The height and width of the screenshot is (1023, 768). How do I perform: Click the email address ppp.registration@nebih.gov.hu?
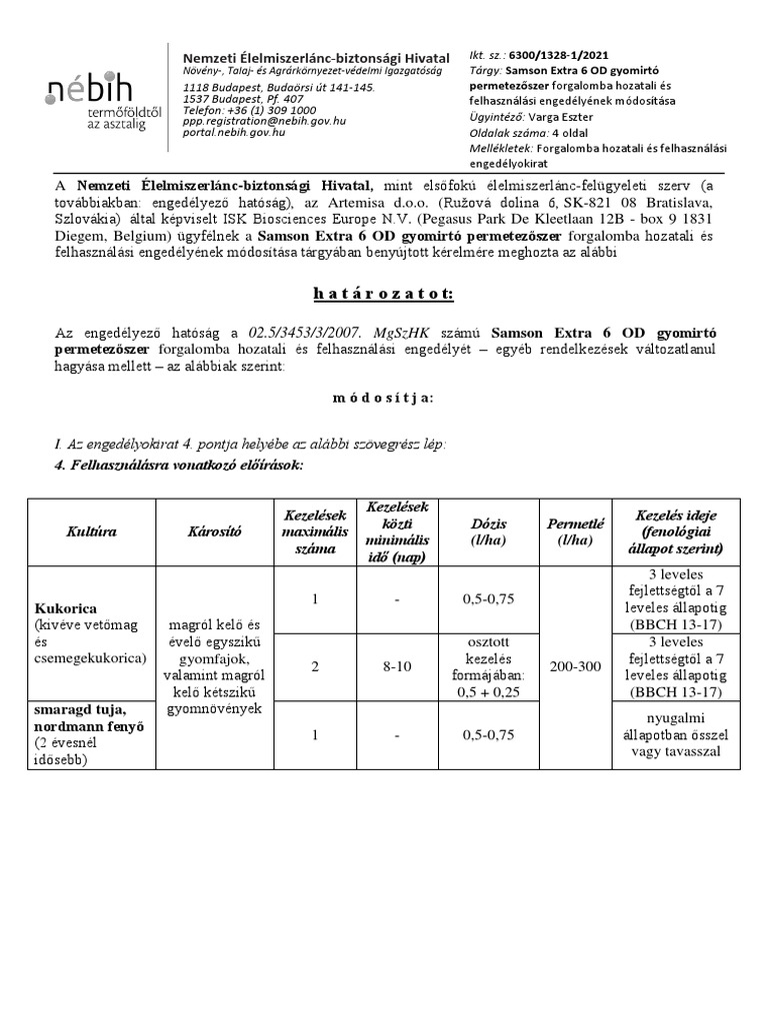265,121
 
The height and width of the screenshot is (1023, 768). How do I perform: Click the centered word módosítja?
383,397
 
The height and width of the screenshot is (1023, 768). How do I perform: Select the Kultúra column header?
91,531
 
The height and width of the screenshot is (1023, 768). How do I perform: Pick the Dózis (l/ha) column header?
488,531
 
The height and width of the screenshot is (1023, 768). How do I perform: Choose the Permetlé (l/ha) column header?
570,531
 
